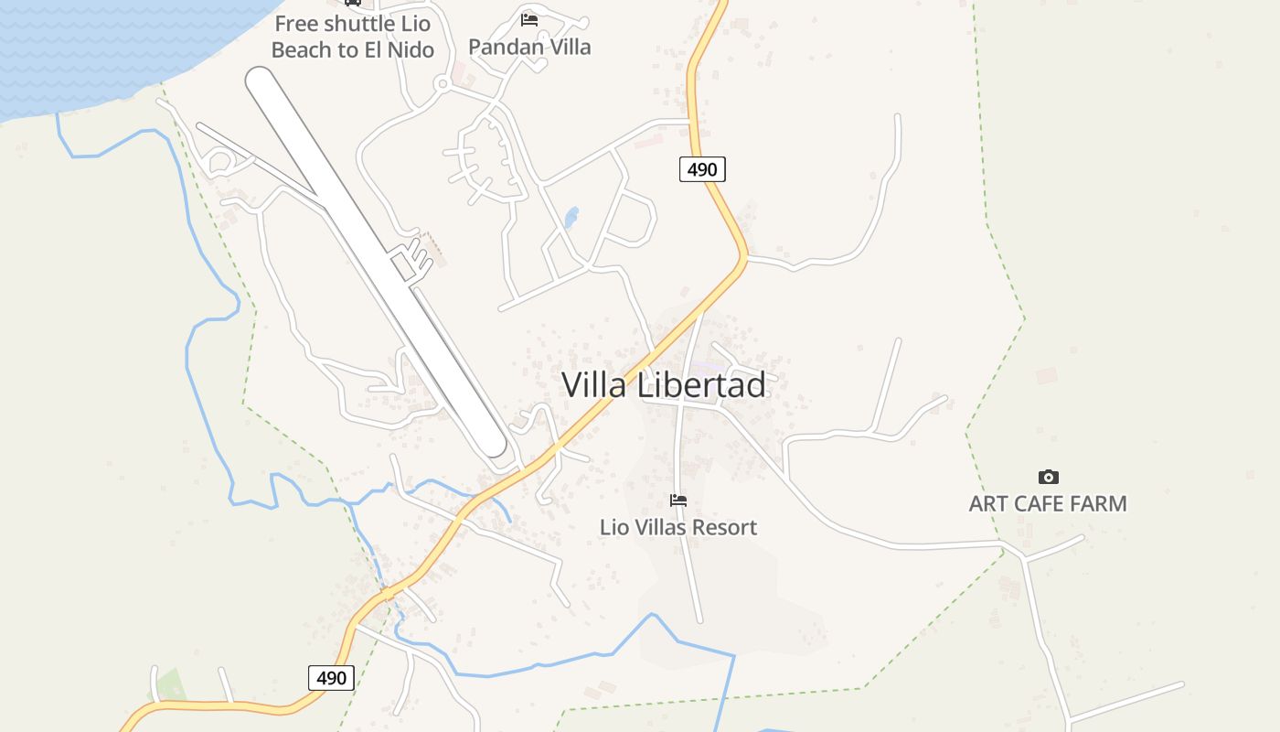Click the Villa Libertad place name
coord(663,385)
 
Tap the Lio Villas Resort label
coord(677,527)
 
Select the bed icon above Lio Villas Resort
coord(677,501)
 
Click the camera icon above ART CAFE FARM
coord(1048,477)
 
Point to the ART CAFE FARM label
coord(1048,503)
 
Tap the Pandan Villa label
coord(529,47)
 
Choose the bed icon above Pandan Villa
coord(528,19)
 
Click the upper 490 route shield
coord(702,169)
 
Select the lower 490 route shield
coord(331,678)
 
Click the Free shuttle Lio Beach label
coord(352,37)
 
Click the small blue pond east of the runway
coord(571,218)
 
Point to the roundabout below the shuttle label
coord(443,85)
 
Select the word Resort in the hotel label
coord(725,527)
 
